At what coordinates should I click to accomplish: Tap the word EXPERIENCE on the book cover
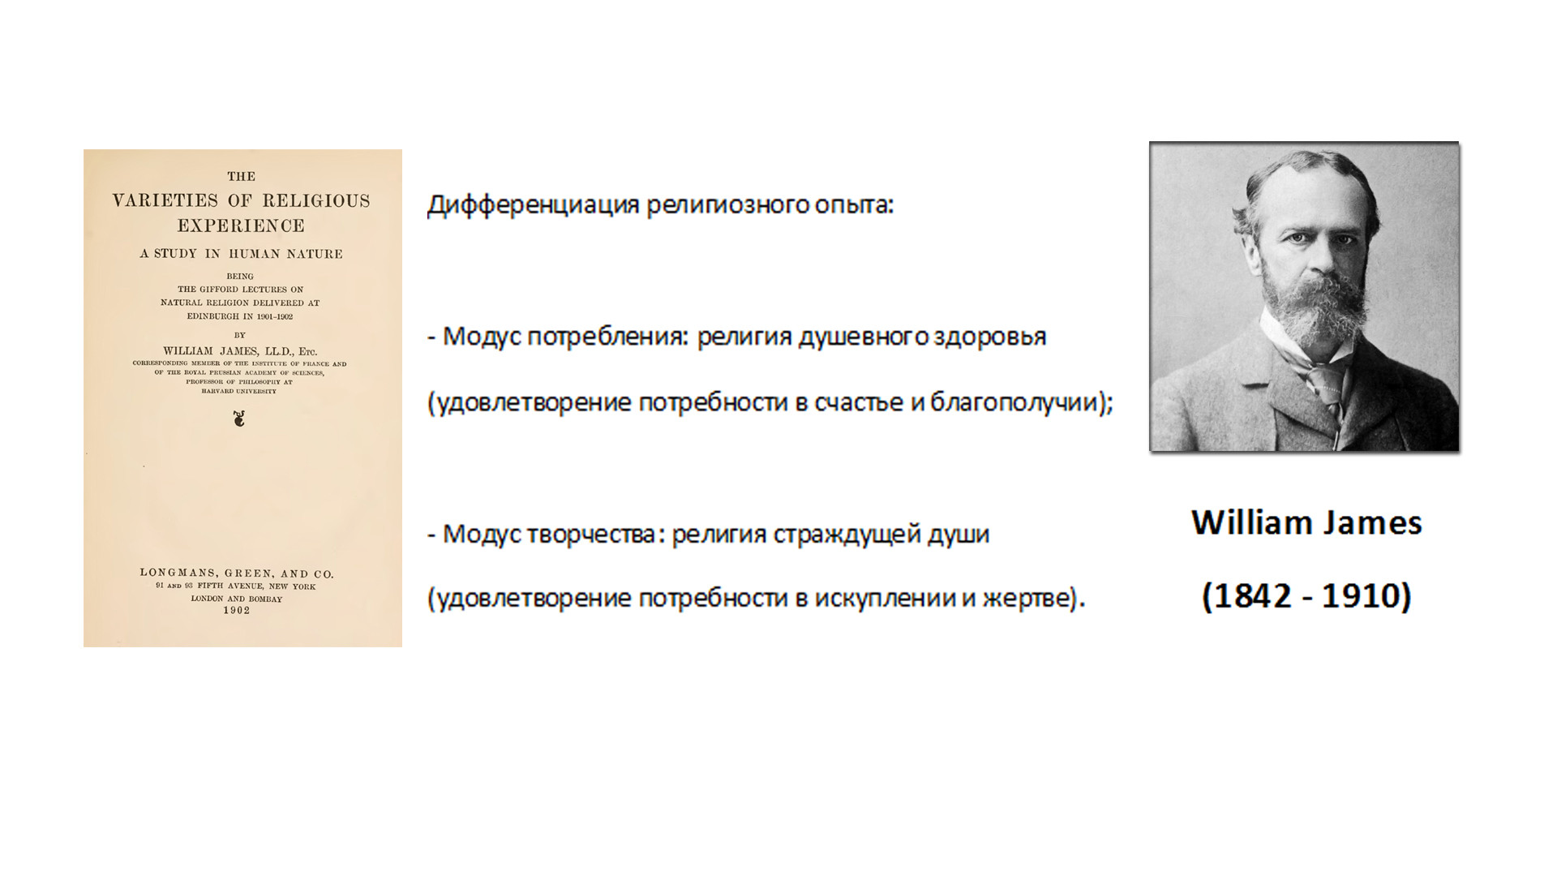[241, 225]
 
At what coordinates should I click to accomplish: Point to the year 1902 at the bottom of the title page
[237, 610]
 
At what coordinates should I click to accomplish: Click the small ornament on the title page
[238, 419]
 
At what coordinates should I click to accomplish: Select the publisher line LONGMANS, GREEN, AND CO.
[237, 573]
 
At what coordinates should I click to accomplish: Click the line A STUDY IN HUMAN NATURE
[241, 254]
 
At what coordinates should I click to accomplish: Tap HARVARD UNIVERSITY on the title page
[239, 391]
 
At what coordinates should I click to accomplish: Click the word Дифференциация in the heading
[533, 205]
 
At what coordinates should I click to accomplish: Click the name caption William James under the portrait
[1306, 522]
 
